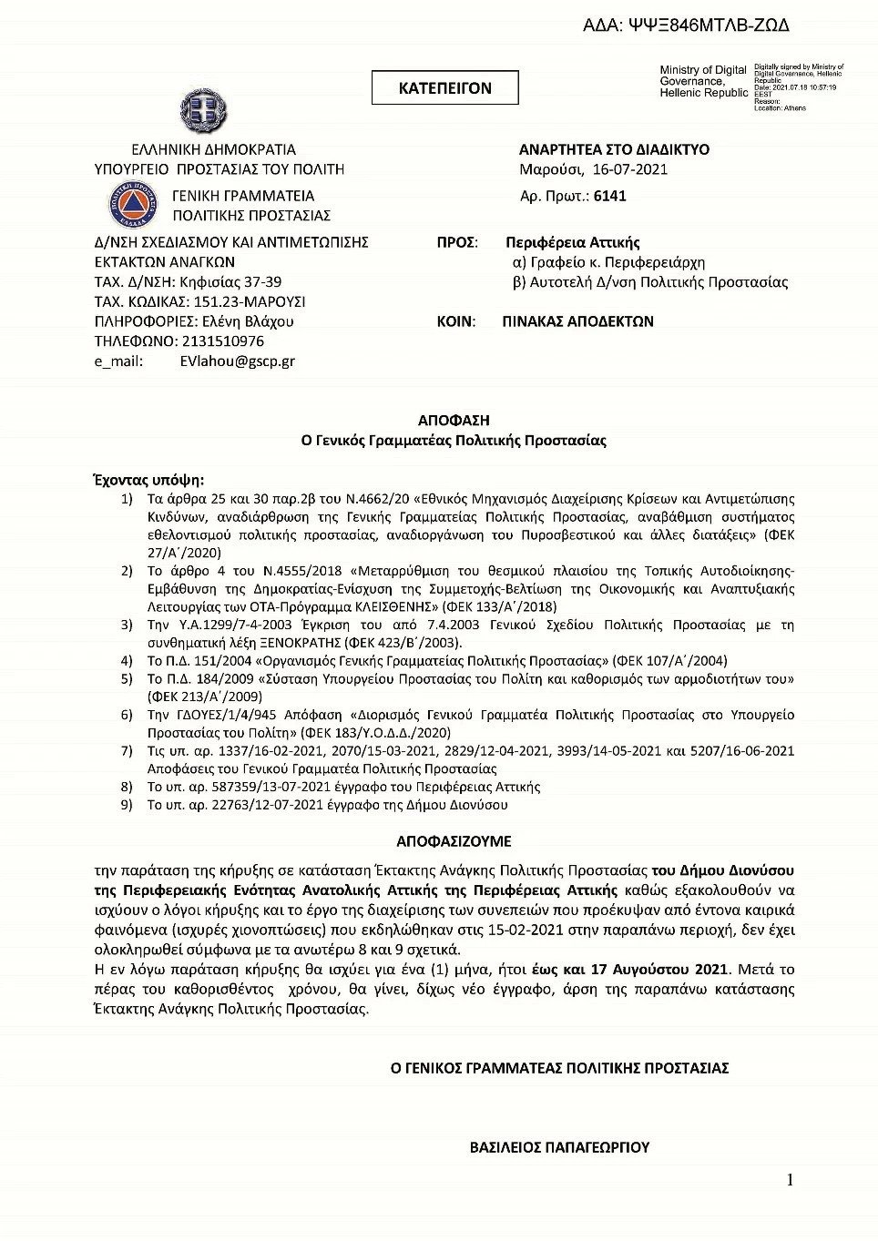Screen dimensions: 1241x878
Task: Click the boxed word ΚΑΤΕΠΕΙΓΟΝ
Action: click(444, 88)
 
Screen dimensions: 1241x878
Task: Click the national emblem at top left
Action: click(202, 111)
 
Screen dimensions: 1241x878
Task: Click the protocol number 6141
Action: click(609, 196)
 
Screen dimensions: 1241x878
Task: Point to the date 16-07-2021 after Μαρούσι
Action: click(629, 169)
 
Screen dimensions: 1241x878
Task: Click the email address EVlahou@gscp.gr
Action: click(237, 361)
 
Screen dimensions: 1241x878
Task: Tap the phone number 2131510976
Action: click(223, 341)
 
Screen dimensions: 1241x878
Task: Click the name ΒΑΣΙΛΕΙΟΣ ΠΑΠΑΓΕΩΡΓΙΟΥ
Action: click(559, 1147)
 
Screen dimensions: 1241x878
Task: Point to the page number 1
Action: click(790, 1180)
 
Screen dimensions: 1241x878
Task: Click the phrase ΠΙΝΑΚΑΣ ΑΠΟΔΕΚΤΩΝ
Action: click(577, 321)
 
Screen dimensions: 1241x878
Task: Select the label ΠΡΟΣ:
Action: click(457, 243)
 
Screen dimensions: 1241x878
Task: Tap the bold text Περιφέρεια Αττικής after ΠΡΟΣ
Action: click(573, 243)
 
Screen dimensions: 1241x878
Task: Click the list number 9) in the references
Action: click(128, 805)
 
